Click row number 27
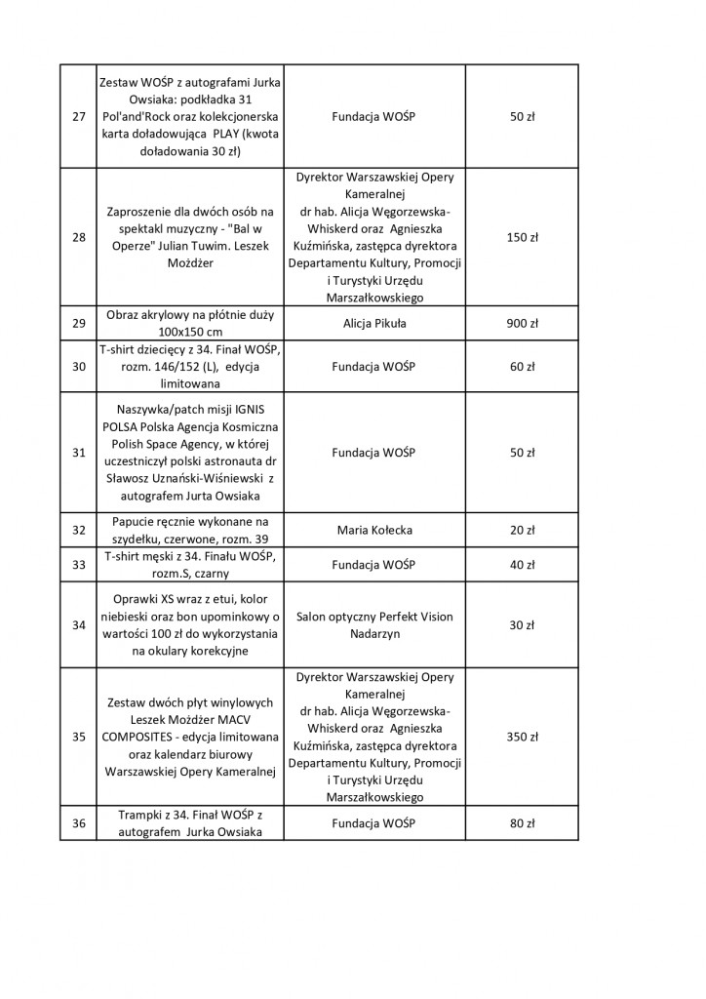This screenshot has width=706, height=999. click(78, 117)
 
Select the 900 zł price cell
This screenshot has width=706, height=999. click(523, 324)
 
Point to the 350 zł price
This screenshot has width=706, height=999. click(523, 738)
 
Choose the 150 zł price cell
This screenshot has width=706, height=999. click(523, 237)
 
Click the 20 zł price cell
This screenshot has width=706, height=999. click(523, 531)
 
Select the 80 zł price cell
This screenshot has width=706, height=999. click(523, 823)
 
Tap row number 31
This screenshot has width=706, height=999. click(78, 453)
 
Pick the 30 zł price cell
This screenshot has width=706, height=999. click(523, 624)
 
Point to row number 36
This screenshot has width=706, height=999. click(78, 823)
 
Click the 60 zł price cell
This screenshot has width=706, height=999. click(523, 367)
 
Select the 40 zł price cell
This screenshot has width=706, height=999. click(523, 565)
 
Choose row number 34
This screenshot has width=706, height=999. click(78, 624)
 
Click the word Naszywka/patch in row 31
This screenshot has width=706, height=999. click(155, 411)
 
